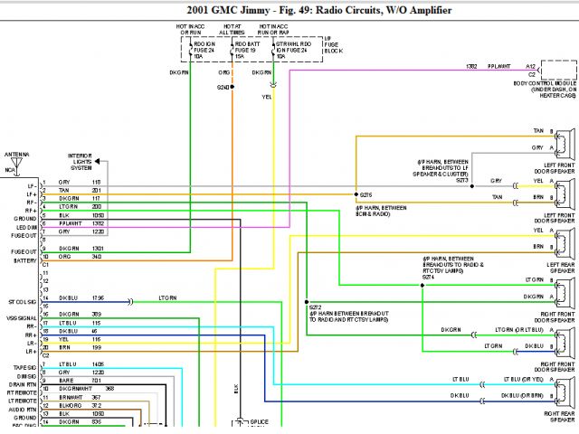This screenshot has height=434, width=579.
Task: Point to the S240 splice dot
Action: (232, 87)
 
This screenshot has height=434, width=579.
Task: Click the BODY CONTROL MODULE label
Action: (541, 82)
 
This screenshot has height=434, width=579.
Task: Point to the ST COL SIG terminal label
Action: (21, 300)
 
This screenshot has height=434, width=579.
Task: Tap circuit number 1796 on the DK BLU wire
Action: (98, 297)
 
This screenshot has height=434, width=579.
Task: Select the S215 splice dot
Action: (357, 194)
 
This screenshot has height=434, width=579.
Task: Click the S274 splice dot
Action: (422, 288)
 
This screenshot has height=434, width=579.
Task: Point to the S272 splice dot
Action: (308, 305)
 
